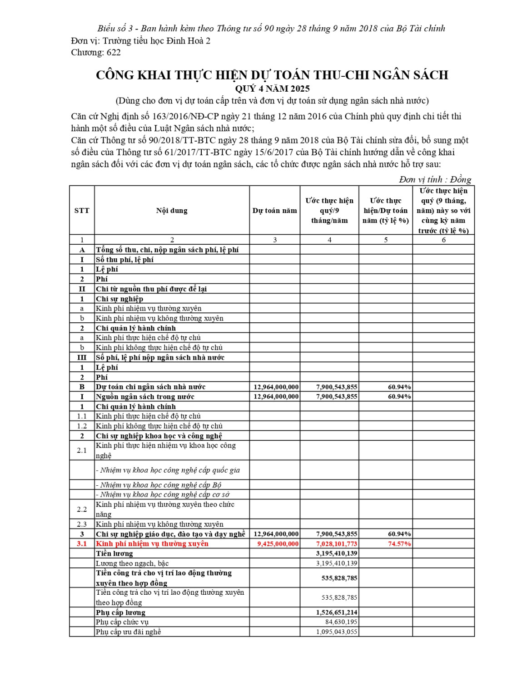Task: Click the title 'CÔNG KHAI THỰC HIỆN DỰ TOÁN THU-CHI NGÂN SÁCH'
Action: click(272, 75)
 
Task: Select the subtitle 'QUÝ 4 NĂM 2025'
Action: click(272, 89)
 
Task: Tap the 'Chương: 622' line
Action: click(96, 52)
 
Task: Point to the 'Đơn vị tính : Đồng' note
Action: click(435, 179)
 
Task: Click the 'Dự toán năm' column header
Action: click(274, 211)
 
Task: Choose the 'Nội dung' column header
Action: click(172, 211)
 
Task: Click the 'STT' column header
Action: click(82, 211)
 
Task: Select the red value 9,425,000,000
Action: click(278, 544)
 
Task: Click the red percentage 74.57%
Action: click(399, 544)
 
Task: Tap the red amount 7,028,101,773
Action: click(337, 544)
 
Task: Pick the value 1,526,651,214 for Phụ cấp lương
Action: click(337, 612)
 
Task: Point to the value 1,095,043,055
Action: click(337, 632)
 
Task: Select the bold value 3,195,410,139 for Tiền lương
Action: click(337, 553)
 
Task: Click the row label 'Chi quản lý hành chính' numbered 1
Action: click(135, 407)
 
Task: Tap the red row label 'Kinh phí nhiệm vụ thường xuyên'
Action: click(152, 544)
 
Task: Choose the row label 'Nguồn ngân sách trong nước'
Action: click(145, 397)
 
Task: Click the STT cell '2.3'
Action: click(82, 524)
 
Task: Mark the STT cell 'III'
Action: click(82, 358)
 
